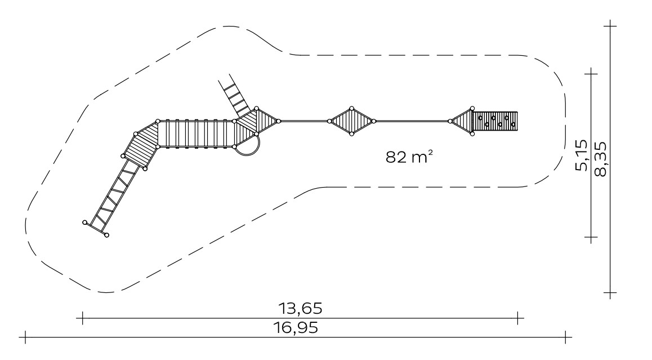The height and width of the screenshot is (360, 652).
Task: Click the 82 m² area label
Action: (409, 157)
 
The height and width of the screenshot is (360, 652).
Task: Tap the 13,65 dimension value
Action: (300, 308)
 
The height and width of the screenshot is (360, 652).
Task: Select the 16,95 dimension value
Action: (296, 327)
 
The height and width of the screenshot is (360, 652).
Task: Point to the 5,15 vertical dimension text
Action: (582, 155)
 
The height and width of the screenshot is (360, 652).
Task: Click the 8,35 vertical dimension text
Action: (600, 159)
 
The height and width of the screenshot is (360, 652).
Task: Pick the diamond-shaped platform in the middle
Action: (351, 121)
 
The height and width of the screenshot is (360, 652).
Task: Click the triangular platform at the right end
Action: (462, 121)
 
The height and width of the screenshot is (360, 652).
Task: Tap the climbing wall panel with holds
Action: (496, 121)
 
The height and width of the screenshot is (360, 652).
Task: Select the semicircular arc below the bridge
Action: (249, 150)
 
